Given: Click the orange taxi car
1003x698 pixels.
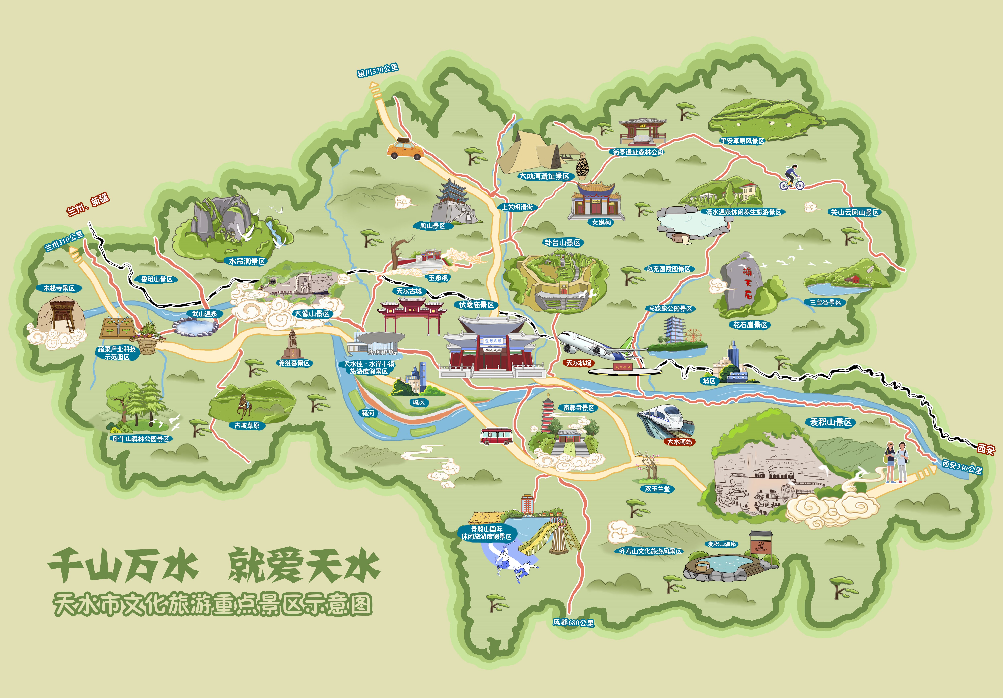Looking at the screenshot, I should [405, 149].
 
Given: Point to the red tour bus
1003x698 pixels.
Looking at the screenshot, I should [496, 436].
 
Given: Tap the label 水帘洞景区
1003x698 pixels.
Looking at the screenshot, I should [247, 261].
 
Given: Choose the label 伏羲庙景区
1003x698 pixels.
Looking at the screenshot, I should [476, 305].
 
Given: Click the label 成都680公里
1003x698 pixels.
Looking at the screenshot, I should [573, 622].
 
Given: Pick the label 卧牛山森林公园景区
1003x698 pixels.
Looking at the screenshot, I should [141, 439].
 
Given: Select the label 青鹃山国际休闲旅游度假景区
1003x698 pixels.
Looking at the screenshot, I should [486, 532].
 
